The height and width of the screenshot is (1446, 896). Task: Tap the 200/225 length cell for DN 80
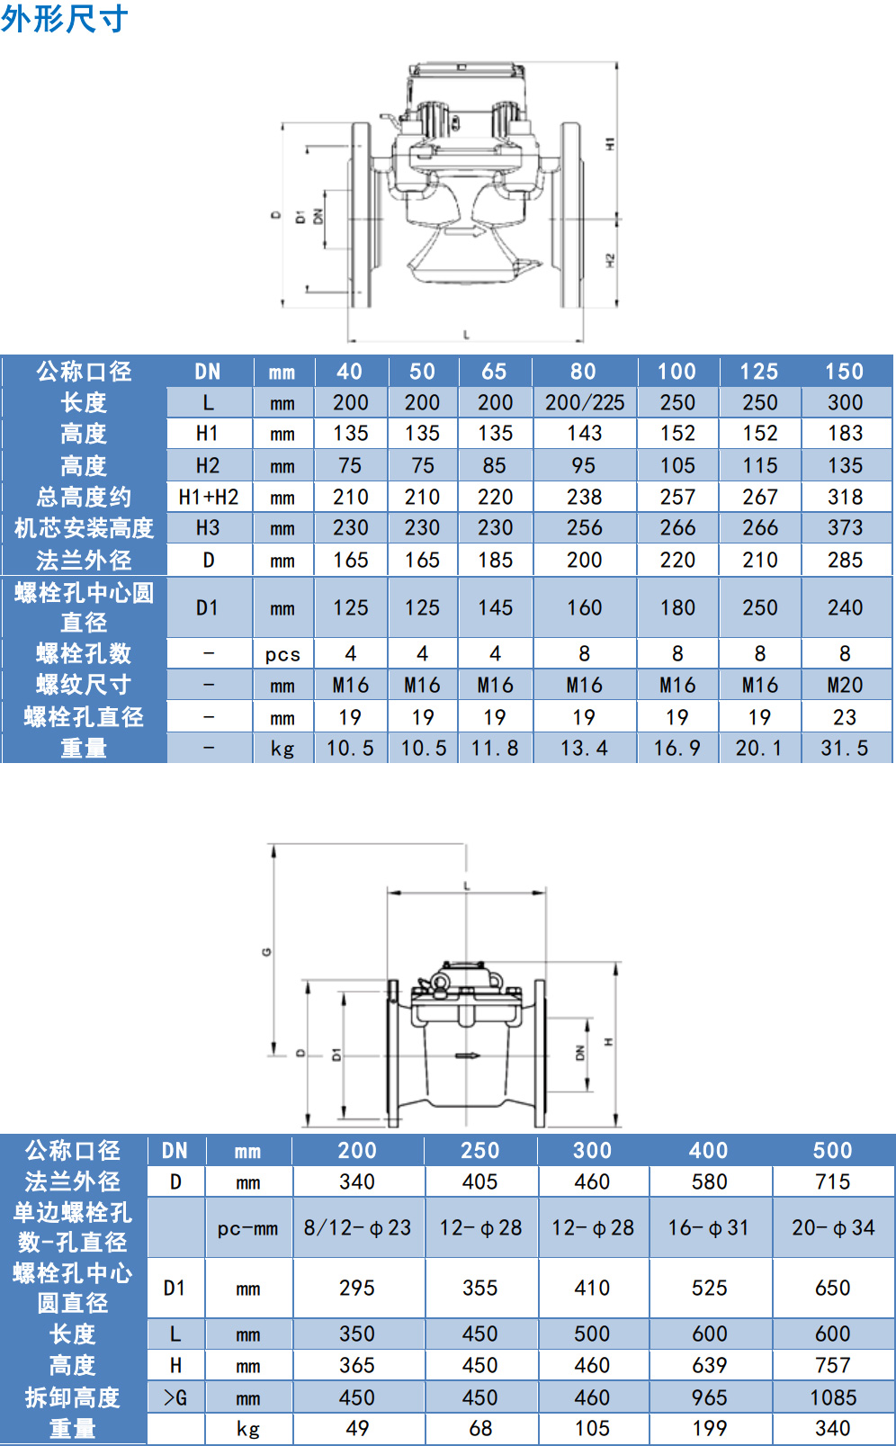(x=585, y=403)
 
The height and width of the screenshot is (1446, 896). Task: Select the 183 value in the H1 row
(x=845, y=433)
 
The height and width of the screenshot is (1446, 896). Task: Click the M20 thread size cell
(x=845, y=685)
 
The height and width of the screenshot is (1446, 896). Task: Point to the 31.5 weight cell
(x=845, y=748)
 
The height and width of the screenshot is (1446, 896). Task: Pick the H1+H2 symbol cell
(x=209, y=497)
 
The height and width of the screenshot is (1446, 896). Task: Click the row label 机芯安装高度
(x=84, y=528)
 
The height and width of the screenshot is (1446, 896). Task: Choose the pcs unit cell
(x=282, y=654)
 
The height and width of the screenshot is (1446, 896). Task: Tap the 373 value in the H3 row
(x=845, y=528)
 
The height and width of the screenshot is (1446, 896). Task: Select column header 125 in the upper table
(x=760, y=372)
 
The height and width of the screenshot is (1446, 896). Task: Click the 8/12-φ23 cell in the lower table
(x=358, y=1227)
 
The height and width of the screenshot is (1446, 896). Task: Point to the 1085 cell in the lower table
(x=833, y=1397)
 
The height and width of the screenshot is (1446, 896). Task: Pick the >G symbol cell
(x=175, y=1398)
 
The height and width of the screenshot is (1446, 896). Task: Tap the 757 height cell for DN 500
(x=833, y=1365)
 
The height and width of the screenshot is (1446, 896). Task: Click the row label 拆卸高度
(x=73, y=1397)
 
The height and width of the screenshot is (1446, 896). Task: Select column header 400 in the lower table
(x=709, y=1150)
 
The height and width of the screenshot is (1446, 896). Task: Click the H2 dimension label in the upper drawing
(x=610, y=261)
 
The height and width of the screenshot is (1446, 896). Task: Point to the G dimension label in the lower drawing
(x=266, y=952)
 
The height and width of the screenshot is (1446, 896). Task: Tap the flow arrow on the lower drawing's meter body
(x=468, y=1056)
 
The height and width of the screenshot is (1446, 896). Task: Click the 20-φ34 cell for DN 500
(x=833, y=1227)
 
